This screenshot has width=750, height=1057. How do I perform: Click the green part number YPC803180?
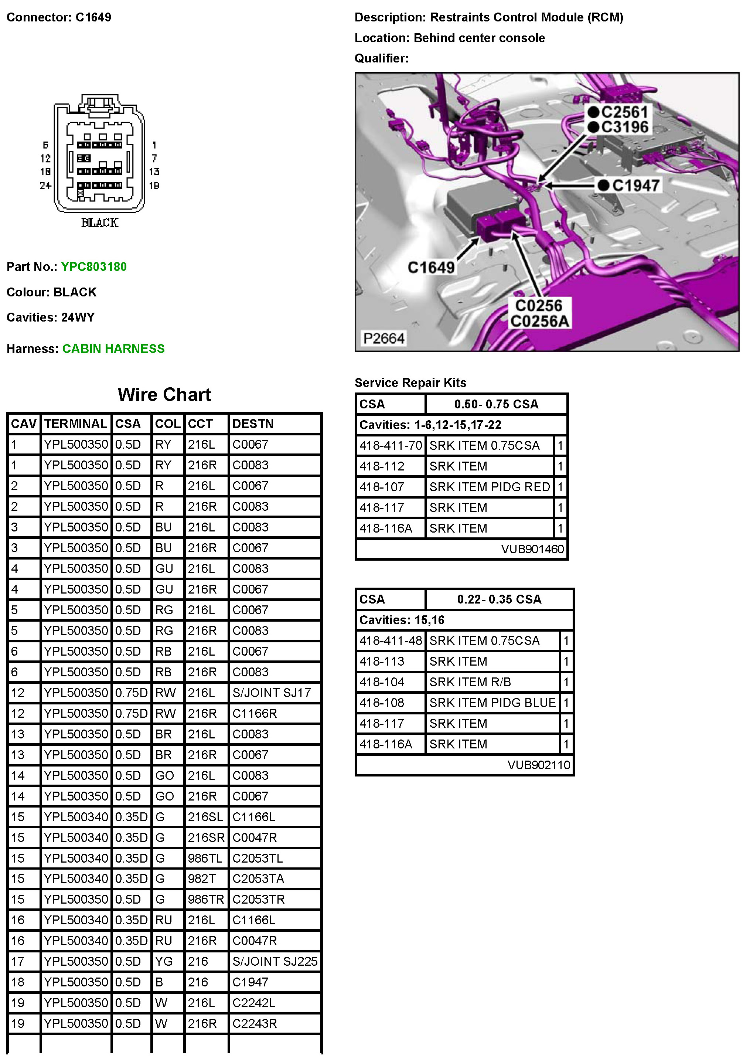94,266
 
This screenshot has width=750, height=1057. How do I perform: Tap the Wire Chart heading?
164,395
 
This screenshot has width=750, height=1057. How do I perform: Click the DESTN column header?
253,424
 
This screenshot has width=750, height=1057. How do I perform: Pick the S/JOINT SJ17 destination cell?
272,693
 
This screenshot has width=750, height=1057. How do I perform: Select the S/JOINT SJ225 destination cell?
275,961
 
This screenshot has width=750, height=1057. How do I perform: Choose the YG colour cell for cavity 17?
164,961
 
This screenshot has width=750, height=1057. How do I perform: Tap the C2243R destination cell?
255,1023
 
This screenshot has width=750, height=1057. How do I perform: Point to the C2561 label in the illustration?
624,112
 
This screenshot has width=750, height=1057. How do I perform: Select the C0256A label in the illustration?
539,321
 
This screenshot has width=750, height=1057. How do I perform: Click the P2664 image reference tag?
383,338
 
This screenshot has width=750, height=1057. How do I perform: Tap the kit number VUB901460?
532,549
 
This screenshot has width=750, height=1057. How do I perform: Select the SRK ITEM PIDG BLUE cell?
492,703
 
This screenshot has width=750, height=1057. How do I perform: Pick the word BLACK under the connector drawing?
100,222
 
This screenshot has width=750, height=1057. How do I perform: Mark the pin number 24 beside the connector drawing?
45,185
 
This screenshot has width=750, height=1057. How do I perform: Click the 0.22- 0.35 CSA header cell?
499,599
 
